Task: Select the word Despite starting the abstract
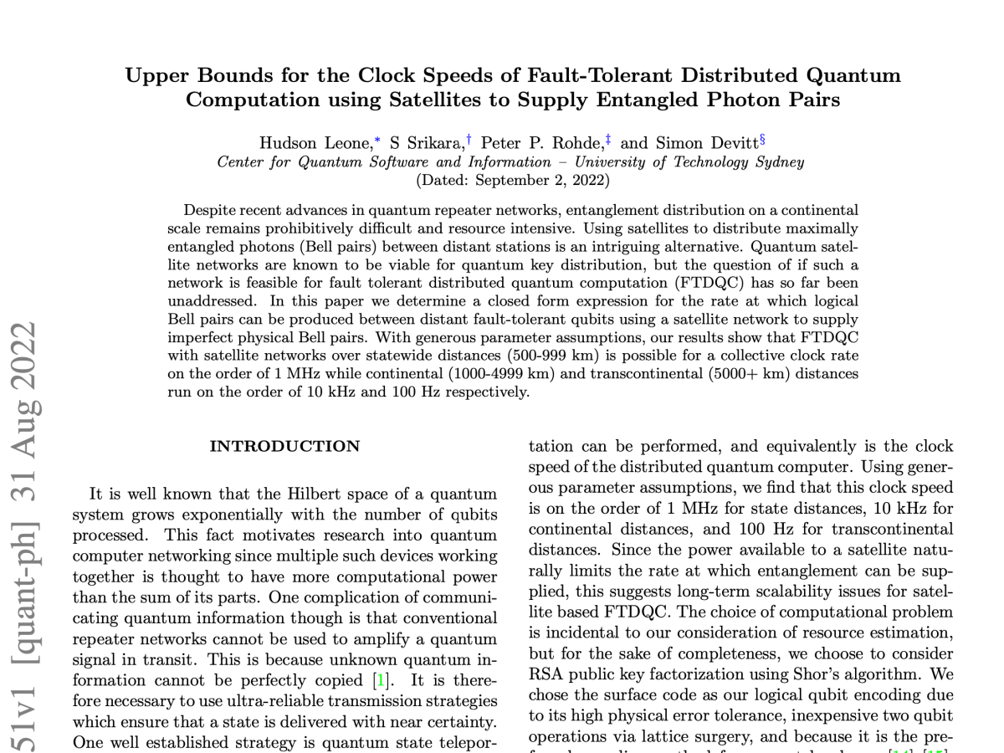click(207, 210)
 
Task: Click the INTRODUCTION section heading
click(284, 446)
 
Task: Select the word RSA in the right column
click(545, 673)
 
